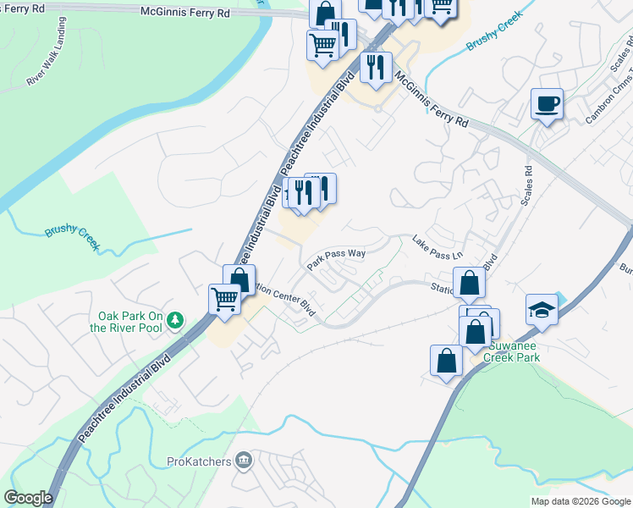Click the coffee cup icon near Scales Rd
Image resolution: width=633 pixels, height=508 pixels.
tap(547, 104)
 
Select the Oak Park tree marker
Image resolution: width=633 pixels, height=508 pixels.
tap(175, 320)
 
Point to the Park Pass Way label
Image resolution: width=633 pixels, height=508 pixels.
tap(336, 258)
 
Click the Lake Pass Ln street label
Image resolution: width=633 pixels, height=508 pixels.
tap(438, 248)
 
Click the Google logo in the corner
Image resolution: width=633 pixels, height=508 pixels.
tap(28, 498)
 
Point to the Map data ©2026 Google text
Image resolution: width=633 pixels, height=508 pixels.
tap(580, 501)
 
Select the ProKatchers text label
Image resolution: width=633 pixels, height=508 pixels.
tap(200, 461)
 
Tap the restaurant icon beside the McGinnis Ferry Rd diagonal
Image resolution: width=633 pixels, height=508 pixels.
tap(375, 67)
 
